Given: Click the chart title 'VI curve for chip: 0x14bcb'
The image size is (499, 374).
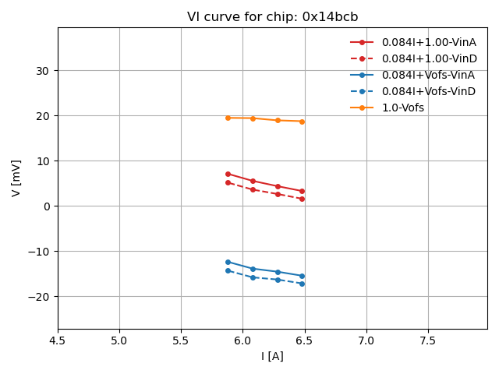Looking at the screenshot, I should point(272,17).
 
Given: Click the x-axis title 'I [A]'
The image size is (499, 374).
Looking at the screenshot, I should point(272,356).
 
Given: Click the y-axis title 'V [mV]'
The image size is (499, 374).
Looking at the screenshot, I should point(17,178).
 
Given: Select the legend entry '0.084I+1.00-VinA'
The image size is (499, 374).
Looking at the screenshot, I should point(429,42).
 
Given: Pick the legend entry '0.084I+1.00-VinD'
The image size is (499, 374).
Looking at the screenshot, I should point(429,58).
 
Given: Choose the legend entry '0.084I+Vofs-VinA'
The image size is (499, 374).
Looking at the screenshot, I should point(429,75).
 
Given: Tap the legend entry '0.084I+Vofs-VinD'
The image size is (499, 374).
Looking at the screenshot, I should point(429,91).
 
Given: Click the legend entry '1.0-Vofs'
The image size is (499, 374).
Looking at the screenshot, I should point(403,108).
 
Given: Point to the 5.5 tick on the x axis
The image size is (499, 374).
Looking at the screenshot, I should point(181,340).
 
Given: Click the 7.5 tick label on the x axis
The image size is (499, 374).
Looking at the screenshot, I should point(428,340).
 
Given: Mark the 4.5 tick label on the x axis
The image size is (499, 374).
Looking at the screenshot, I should point(58,340).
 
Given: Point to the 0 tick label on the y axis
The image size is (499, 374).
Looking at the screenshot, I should point(47,206).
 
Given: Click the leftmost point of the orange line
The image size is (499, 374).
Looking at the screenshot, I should point(228,118).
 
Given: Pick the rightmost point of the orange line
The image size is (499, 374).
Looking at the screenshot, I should point(302,122).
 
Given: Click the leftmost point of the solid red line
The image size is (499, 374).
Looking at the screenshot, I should point(228,174).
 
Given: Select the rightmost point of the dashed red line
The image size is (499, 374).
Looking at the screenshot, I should point(302,199).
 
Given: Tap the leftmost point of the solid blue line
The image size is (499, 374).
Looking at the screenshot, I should point(228,262).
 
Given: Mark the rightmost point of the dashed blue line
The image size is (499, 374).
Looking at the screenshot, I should point(302,284).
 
